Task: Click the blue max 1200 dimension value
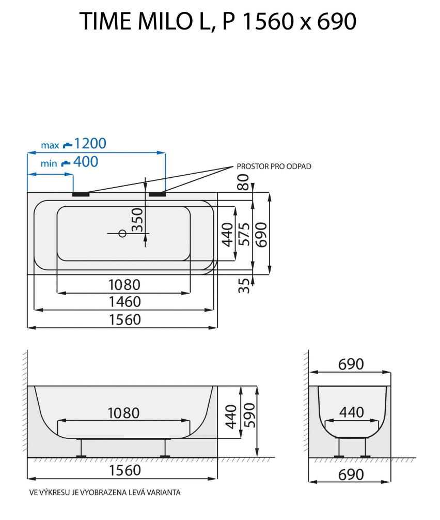pyautogui.click(x=90, y=143)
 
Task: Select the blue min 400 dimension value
pyautogui.click(x=85, y=162)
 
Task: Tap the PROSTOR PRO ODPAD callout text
pyautogui.click(x=274, y=166)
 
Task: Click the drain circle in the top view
pyautogui.click(x=122, y=233)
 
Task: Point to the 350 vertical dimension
pyautogui.click(x=137, y=220)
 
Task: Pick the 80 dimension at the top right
pyautogui.click(x=243, y=182)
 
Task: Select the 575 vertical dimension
pyautogui.click(x=244, y=234)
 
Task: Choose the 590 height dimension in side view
pyautogui.click(x=248, y=417)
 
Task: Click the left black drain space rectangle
pyautogui.click(x=81, y=194)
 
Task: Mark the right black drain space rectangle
pyautogui.click(x=157, y=194)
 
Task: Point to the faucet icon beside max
pyautogui.click(x=68, y=145)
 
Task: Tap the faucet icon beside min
pyautogui.click(x=66, y=164)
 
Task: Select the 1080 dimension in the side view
pyautogui.click(x=123, y=413)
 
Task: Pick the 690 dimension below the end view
pyautogui.click(x=351, y=474)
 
